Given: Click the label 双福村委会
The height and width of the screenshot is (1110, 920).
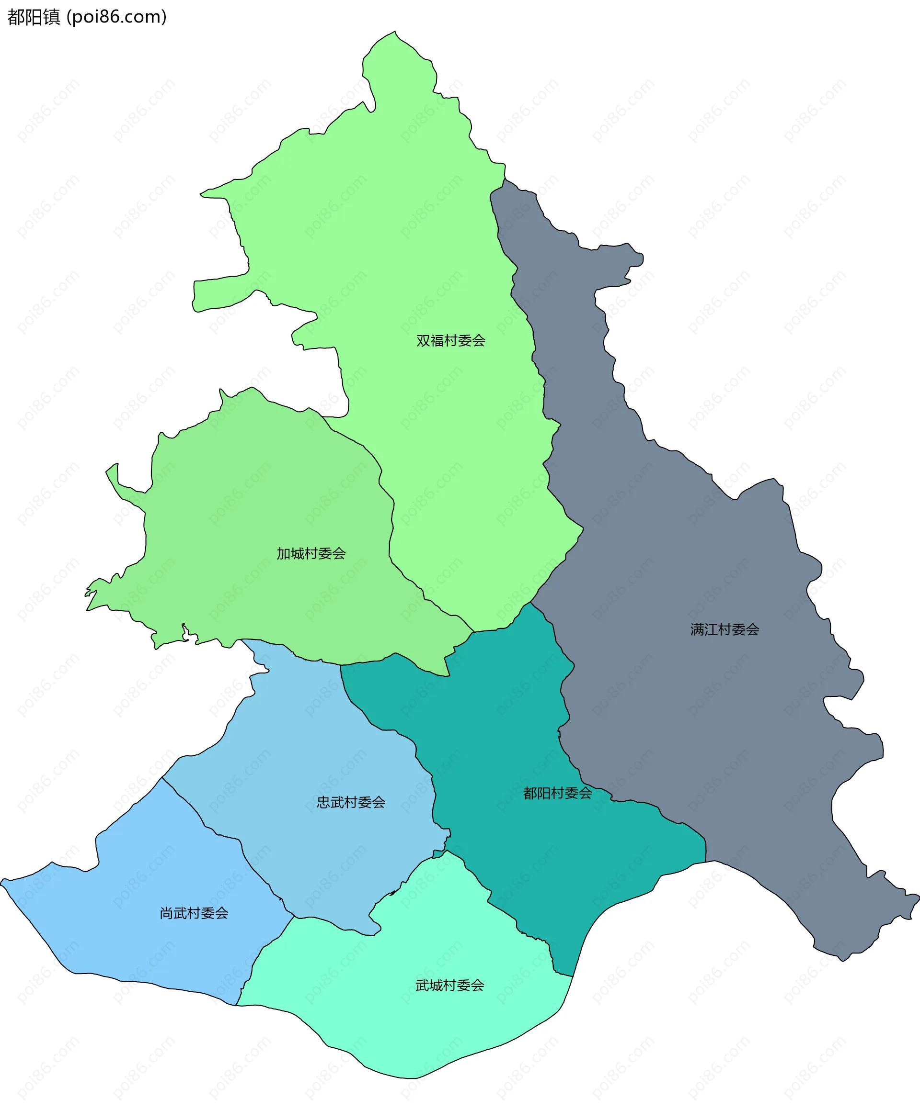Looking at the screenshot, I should pos(451,341).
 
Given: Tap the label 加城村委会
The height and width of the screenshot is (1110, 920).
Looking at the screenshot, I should pos(311,554).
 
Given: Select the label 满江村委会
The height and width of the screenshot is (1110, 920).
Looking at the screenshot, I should pos(724,629).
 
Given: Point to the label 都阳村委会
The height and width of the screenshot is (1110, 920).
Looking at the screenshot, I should pos(558,793).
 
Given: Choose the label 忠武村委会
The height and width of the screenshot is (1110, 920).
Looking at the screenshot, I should pos(351,802).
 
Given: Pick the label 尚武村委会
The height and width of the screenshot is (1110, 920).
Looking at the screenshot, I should pos(194,913).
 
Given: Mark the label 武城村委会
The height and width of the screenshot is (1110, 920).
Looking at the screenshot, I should pos(449,985).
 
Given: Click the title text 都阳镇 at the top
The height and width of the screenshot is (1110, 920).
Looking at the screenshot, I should pos(34,17).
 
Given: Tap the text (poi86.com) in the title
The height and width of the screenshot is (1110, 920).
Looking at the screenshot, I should pos(117,17).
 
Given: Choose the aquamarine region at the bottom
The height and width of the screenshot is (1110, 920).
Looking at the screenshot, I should pos(413,1031).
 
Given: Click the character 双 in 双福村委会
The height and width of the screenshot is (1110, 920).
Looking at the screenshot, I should pos(423,341).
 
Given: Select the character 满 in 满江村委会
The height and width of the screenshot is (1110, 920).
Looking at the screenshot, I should pos(697,629).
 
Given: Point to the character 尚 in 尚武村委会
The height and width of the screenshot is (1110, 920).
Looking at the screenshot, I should pos(167,913).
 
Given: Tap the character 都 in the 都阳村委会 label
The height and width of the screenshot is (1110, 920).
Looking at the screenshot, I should pos(530,793).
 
